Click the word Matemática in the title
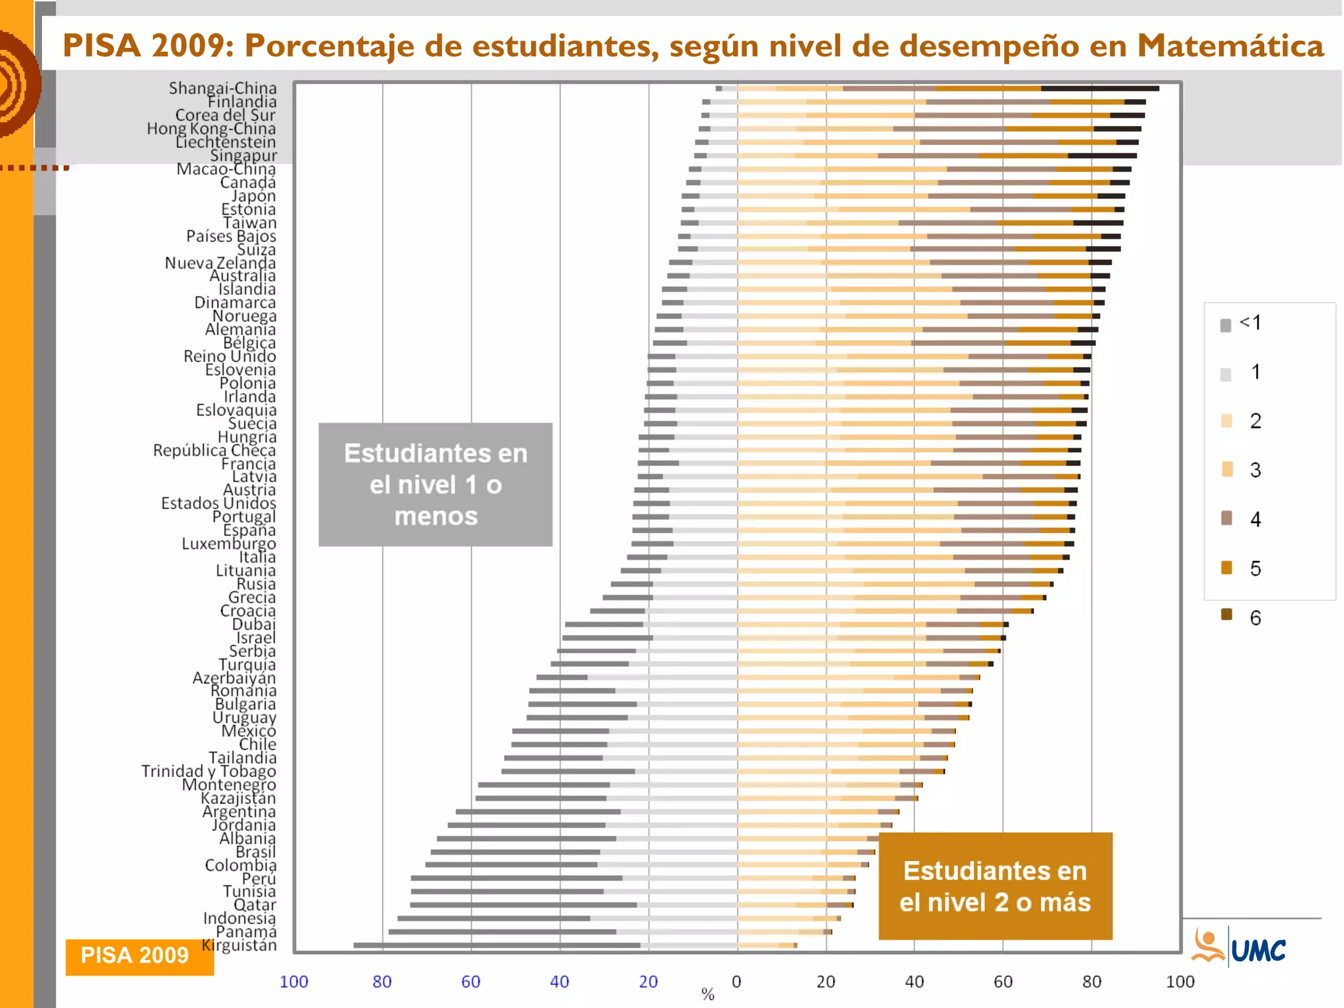tap(1230, 46)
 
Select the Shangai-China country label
tap(222, 88)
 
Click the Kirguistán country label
tap(240, 946)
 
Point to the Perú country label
tap(259, 879)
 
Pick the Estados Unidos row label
tap(219, 503)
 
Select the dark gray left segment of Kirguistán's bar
tap(496, 946)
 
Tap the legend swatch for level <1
tap(1225, 325)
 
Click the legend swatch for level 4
tap(1227, 518)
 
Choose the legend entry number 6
tap(1255, 618)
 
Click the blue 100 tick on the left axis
tap(293, 982)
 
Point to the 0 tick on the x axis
tap(736, 982)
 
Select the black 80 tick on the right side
tap(1091, 982)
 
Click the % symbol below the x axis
tap(707, 994)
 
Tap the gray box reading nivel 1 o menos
tap(435, 484)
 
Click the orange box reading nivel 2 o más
tap(995, 886)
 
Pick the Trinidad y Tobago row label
tap(209, 771)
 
